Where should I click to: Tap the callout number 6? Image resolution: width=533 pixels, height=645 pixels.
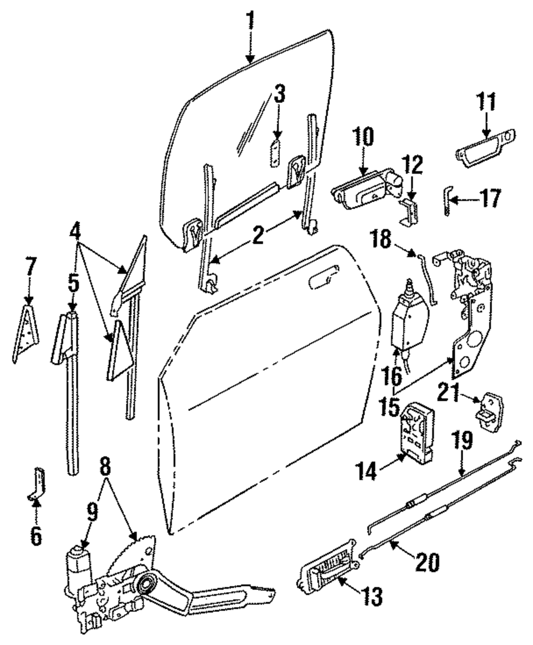click(x=36, y=536)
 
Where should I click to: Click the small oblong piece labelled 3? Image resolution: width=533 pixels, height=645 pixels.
click(x=276, y=154)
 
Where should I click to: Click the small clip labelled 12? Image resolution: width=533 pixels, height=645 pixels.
click(x=409, y=212)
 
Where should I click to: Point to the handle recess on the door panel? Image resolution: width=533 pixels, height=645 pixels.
click(x=321, y=279)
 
